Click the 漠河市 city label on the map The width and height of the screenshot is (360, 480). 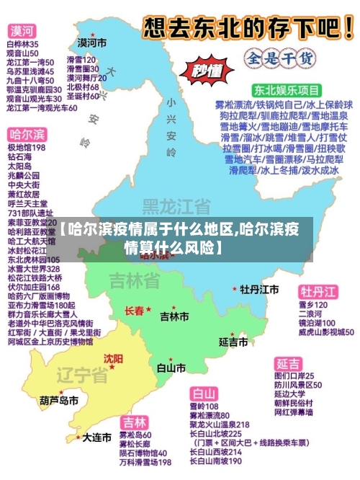(x=92, y=43)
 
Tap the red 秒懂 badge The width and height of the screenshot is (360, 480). (x=205, y=70)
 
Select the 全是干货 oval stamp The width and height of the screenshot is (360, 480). (x=272, y=56)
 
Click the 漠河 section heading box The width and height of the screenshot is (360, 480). (x=22, y=31)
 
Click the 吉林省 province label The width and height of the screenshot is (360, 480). (x=135, y=280)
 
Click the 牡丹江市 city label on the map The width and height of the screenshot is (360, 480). (x=259, y=289)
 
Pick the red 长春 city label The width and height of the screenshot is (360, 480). (x=135, y=311)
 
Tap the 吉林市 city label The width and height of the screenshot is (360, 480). (x=174, y=316)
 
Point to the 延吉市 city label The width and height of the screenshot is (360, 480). (x=233, y=340)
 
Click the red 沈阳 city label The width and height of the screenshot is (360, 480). (x=113, y=358)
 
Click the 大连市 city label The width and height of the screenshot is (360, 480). (x=96, y=437)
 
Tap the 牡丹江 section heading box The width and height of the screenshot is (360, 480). (x=318, y=291)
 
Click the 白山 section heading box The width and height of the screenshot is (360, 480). (x=204, y=394)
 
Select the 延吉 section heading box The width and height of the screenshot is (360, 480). (x=289, y=363)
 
